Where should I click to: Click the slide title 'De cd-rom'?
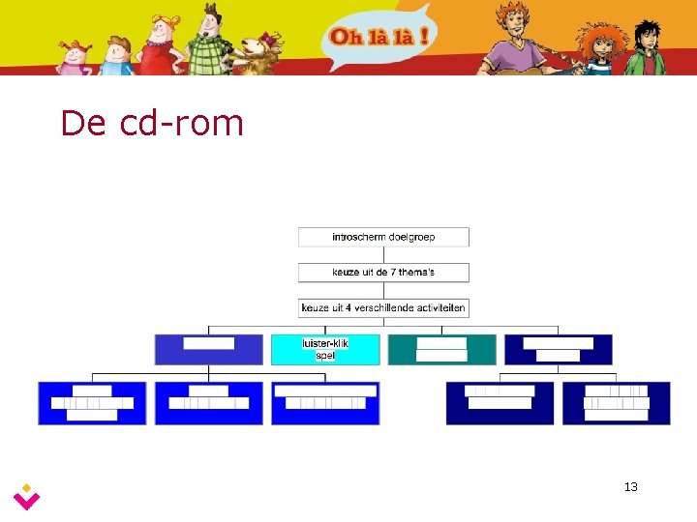(x=152, y=123)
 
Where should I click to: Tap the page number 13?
(x=631, y=486)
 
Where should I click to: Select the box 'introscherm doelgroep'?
(x=383, y=237)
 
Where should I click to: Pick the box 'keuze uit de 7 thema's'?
(x=383, y=273)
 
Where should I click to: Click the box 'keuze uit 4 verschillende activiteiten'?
(x=383, y=308)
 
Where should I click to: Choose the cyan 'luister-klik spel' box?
(x=325, y=349)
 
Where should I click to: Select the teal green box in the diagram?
(x=441, y=349)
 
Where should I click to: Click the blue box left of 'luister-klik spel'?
(x=208, y=349)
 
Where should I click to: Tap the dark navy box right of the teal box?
(x=559, y=349)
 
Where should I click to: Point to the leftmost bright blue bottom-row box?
(x=92, y=403)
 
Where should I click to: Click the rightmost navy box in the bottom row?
(x=617, y=403)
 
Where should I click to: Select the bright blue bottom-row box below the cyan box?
(x=325, y=403)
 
